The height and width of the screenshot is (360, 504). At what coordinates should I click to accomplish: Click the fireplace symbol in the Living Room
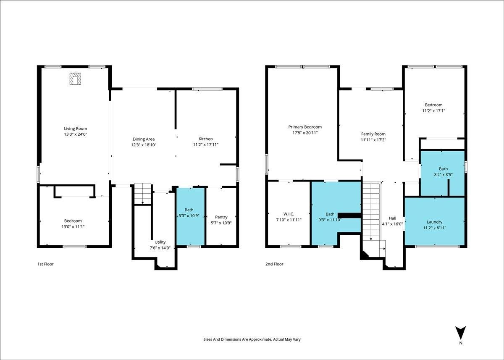75,79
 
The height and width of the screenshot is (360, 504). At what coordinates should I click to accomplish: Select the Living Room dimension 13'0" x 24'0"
75,134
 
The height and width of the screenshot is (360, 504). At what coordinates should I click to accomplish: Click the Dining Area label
144,139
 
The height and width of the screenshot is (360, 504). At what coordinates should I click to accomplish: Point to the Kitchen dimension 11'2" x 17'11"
206,145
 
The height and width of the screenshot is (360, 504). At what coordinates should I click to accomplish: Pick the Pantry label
221,217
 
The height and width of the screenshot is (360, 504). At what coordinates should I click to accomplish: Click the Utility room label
160,242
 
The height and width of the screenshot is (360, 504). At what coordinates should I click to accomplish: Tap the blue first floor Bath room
191,216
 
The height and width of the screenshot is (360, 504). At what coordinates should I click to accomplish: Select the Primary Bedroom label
305,127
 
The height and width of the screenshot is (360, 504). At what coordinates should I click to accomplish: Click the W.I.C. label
289,214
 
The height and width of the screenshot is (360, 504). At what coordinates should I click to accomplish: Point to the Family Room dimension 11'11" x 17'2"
373,140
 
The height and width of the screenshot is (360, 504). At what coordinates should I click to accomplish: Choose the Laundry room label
434,222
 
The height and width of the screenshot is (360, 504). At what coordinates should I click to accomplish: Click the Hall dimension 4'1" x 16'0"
392,224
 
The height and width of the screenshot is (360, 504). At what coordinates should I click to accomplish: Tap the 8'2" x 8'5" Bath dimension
443,174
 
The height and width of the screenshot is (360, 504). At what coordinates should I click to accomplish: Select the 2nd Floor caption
274,264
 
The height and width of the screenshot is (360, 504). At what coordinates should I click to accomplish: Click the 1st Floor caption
45,264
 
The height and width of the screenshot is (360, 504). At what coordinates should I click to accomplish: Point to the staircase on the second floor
371,211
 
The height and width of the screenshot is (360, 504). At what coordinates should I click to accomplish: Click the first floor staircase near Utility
143,194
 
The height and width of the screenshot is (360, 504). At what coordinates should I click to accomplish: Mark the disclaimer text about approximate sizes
252,339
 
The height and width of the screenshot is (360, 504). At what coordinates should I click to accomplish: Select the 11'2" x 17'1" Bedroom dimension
433,111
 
